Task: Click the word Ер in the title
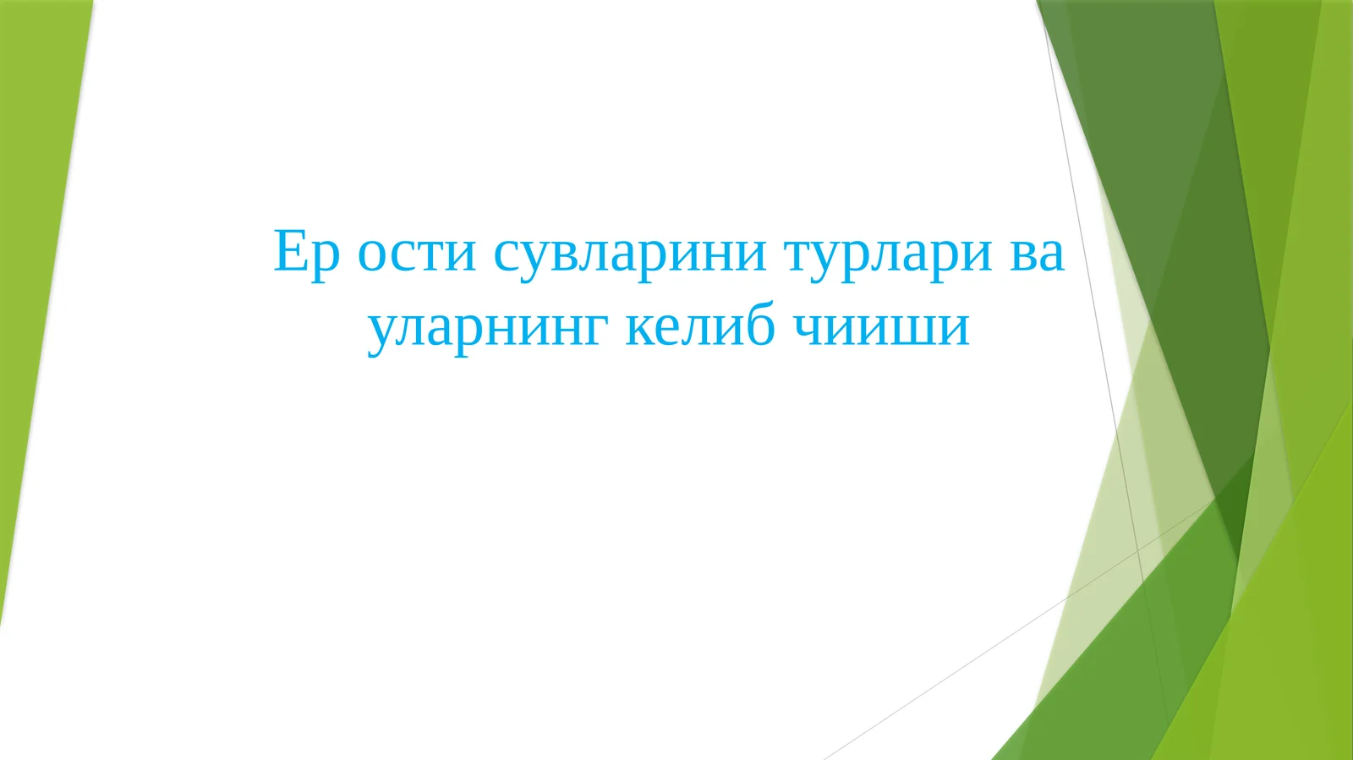pyautogui.click(x=306, y=253)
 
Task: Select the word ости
pyautogui.click(x=416, y=253)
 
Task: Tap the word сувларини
pyautogui.click(x=630, y=253)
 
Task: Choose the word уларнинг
pyautogui.click(x=487, y=327)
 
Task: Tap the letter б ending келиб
pyautogui.click(x=757, y=324)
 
